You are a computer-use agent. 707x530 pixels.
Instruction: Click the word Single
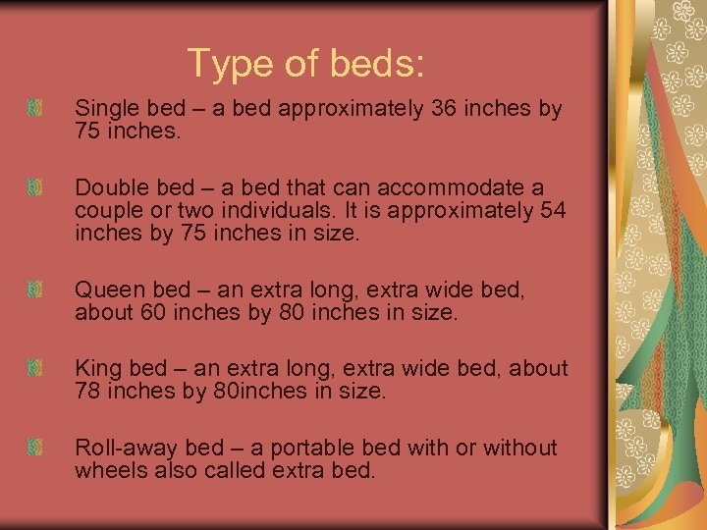point(104,108)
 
